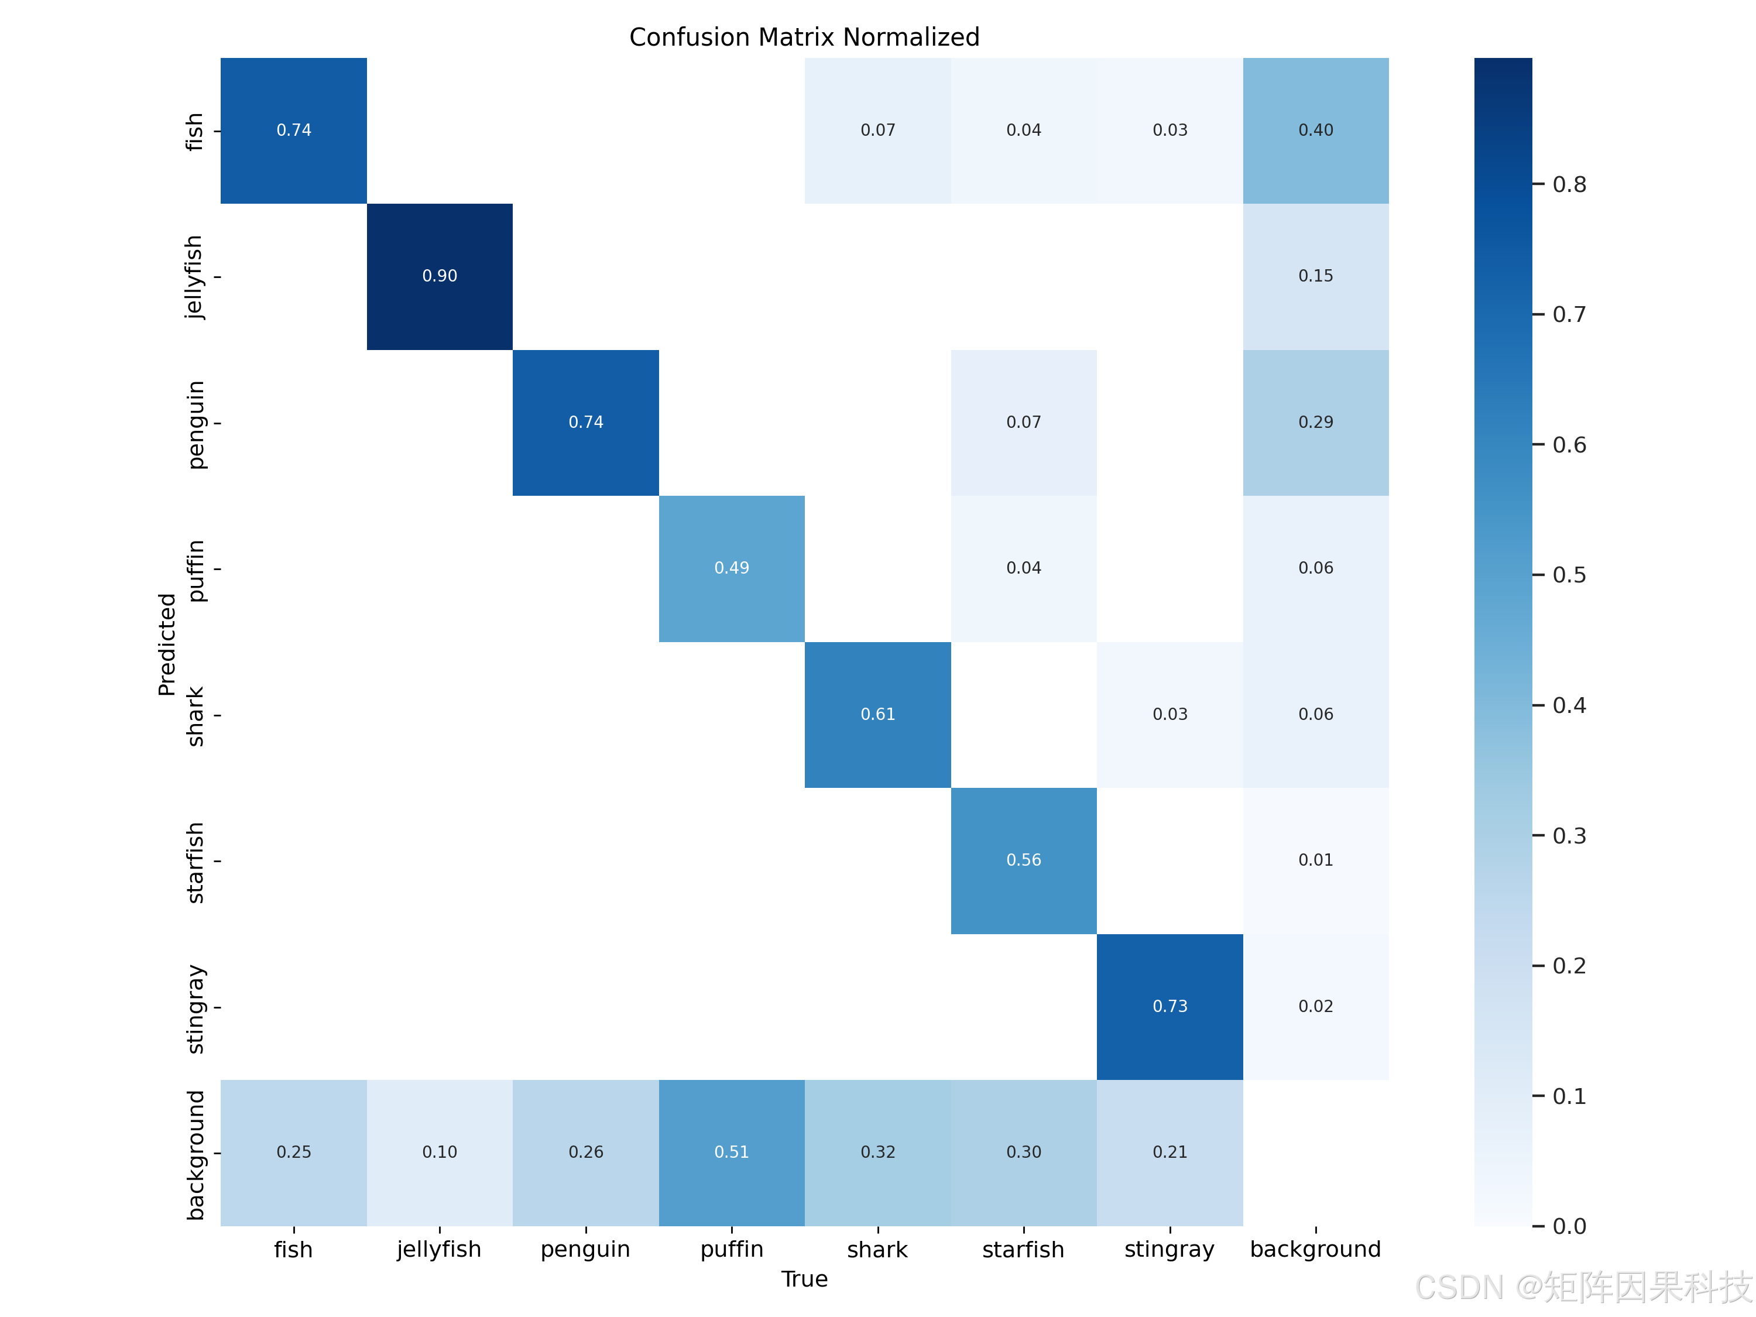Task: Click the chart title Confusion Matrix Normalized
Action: coord(804,37)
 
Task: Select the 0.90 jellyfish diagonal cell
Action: coord(440,276)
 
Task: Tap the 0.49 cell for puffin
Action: coord(732,568)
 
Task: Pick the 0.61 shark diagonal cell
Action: coord(878,715)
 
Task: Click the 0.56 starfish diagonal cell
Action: coord(1024,860)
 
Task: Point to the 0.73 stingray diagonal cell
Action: coord(1170,1007)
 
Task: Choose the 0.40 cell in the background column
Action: coord(1316,130)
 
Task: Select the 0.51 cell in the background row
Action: coord(732,1153)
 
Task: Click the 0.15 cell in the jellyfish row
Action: coord(1316,276)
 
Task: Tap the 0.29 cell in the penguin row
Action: coord(1316,423)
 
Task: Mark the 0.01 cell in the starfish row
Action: coord(1316,860)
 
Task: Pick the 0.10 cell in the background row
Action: coord(440,1153)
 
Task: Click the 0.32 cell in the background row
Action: coord(878,1153)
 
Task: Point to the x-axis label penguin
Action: coord(586,1250)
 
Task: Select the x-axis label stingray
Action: coord(1170,1250)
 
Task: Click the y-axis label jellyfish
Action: coord(194,277)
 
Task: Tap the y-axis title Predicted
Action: coord(167,644)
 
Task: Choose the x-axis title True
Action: coord(804,1279)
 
